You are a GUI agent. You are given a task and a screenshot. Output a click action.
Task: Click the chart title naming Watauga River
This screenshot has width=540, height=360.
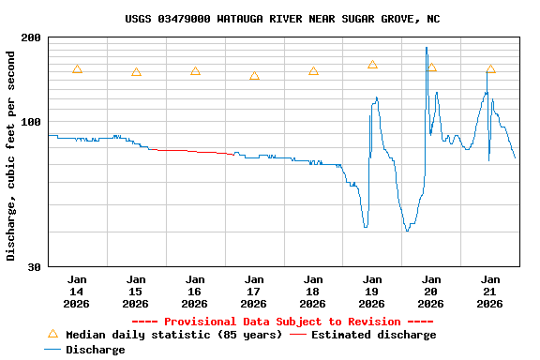(x=282, y=19)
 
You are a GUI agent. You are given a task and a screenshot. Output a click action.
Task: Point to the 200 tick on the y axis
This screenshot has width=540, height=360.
(x=31, y=37)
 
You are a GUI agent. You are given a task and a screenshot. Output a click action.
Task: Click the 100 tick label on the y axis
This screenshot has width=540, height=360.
(x=31, y=122)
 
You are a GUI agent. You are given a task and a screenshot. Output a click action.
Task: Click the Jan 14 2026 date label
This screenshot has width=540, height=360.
(x=77, y=291)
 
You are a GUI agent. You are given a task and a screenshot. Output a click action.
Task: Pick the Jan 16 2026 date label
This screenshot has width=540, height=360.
(x=195, y=291)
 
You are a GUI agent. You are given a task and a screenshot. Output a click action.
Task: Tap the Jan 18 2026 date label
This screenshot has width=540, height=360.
(x=313, y=291)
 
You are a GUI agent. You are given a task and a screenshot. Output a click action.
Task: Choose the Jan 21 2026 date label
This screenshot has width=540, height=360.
(x=490, y=291)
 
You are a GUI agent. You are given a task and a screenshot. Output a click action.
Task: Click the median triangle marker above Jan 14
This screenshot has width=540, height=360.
(x=77, y=69)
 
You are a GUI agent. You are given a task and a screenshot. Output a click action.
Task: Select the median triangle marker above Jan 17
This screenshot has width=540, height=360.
(x=254, y=76)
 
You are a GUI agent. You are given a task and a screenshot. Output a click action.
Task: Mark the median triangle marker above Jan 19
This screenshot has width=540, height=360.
(x=372, y=65)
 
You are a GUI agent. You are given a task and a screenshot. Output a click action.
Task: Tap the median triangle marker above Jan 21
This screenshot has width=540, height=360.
(x=490, y=69)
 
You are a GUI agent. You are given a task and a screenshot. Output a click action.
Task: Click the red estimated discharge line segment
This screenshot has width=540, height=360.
(x=192, y=151)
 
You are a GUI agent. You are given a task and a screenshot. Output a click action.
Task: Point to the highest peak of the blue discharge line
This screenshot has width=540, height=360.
(x=427, y=48)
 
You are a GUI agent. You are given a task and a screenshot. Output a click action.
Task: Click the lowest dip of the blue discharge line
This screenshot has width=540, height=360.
(x=407, y=231)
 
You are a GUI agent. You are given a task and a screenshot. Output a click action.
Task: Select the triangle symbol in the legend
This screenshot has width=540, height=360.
(x=52, y=334)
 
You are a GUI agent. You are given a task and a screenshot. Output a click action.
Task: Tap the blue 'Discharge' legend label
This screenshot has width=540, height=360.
(x=95, y=350)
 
